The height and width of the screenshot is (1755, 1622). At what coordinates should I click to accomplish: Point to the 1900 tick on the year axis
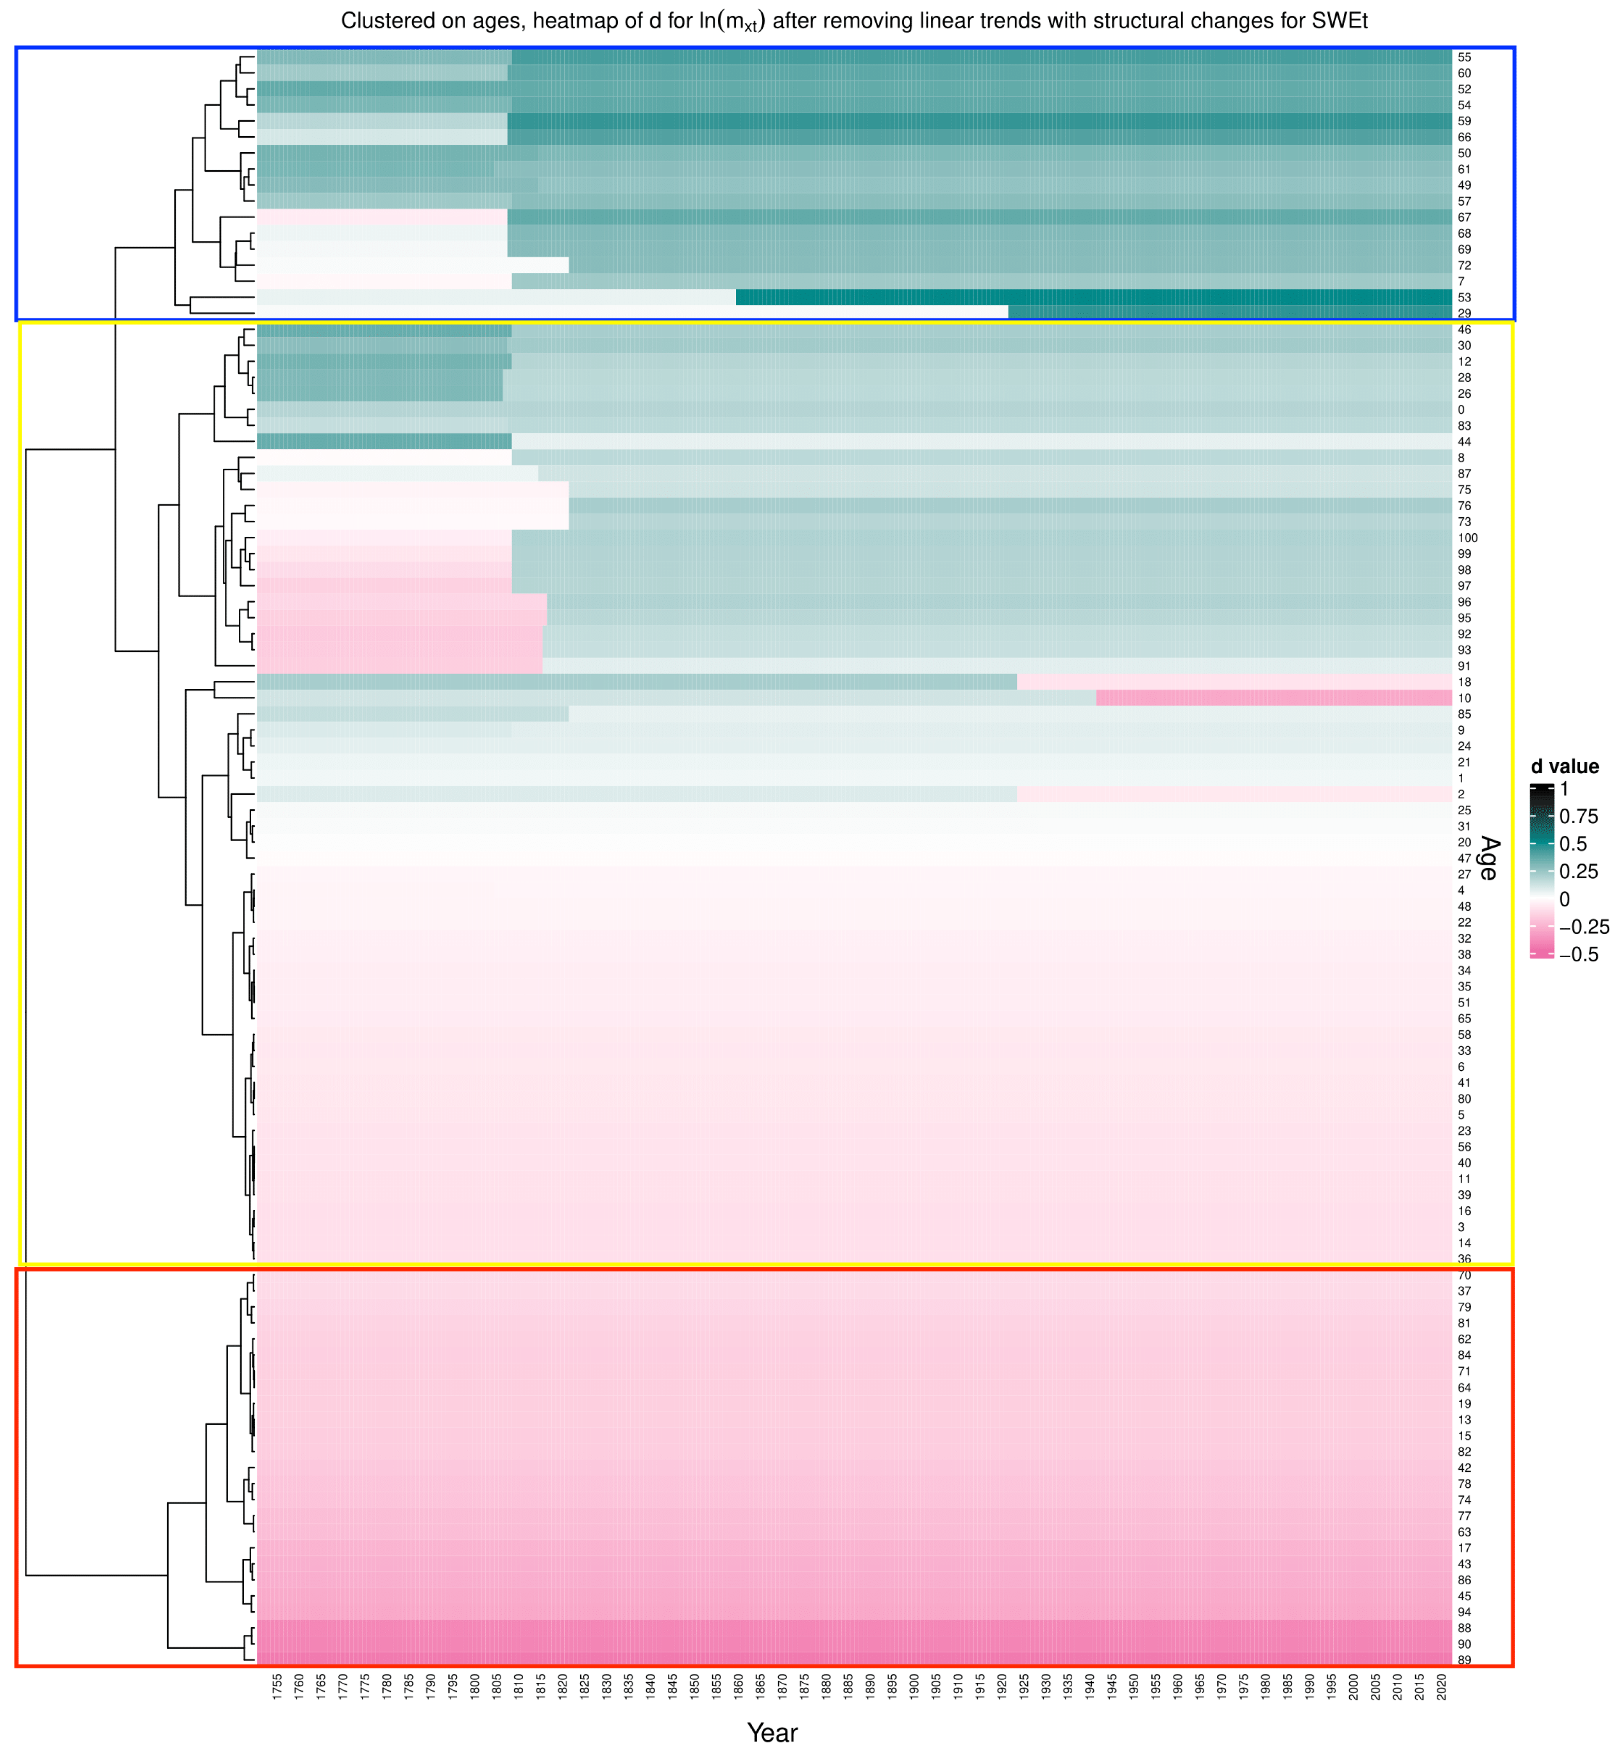(x=914, y=1687)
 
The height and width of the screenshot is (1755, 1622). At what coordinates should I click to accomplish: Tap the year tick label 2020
(x=1441, y=1687)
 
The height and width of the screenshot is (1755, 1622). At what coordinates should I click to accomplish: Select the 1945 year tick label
(x=1112, y=1687)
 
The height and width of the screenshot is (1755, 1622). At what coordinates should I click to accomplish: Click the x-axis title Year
(x=773, y=1732)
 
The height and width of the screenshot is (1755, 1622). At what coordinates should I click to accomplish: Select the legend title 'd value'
(x=1565, y=766)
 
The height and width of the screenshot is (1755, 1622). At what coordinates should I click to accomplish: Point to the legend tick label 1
(x=1564, y=789)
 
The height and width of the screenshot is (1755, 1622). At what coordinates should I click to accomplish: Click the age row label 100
(x=1467, y=538)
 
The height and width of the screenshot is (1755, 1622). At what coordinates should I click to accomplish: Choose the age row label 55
(x=1464, y=57)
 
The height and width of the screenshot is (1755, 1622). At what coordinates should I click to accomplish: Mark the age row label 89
(x=1464, y=1660)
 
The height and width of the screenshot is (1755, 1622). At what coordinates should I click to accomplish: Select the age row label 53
(x=1464, y=298)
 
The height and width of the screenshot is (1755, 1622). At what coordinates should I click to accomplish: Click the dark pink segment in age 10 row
(x=1273, y=698)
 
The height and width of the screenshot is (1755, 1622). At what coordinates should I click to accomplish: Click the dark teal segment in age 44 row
(x=384, y=441)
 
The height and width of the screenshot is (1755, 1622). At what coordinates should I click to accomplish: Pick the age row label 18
(x=1464, y=682)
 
